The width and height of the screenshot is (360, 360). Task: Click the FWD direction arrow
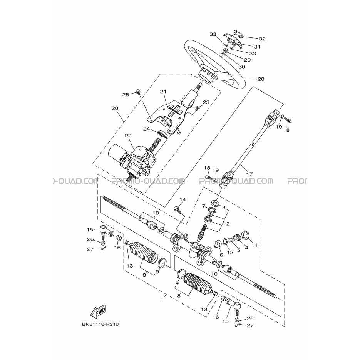[x=98, y=311]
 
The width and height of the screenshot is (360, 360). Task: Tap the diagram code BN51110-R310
[x=100, y=324]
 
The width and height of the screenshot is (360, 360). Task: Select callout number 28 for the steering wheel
[x=261, y=79]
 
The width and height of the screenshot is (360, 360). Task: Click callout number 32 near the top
[x=262, y=39]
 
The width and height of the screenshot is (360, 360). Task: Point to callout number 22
[x=128, y=136]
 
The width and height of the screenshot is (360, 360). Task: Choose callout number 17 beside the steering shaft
[x=249, y=174]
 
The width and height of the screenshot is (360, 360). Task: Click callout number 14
[x=183, y=199]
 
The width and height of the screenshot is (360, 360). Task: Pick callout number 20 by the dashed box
[x=115, y=108]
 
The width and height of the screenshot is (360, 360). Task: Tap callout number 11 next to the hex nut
[x=254, y=245]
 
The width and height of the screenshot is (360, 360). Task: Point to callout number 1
[x=162, y=299]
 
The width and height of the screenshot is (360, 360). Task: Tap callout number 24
[x=146, y=129]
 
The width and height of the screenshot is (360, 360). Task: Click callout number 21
[x=163, y=92]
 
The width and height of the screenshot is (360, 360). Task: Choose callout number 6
[x=221, y=255]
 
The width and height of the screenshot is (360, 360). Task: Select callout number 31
[x=257, y=47]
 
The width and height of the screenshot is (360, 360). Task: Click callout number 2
[x=228, y=224]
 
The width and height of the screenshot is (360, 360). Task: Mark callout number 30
[x=242, y=67]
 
